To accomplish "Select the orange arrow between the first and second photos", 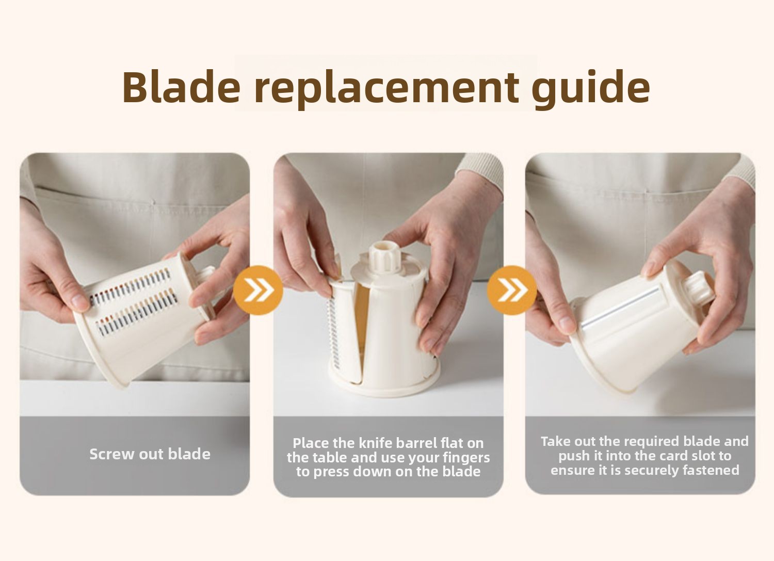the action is pos(258,290).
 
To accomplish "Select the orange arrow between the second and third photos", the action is pos(512,290).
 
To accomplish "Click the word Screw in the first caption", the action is pos(111,454).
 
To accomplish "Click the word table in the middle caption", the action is pos(330,457).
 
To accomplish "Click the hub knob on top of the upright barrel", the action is pos(385,259).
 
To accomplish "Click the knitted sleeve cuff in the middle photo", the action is pos(481,171).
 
